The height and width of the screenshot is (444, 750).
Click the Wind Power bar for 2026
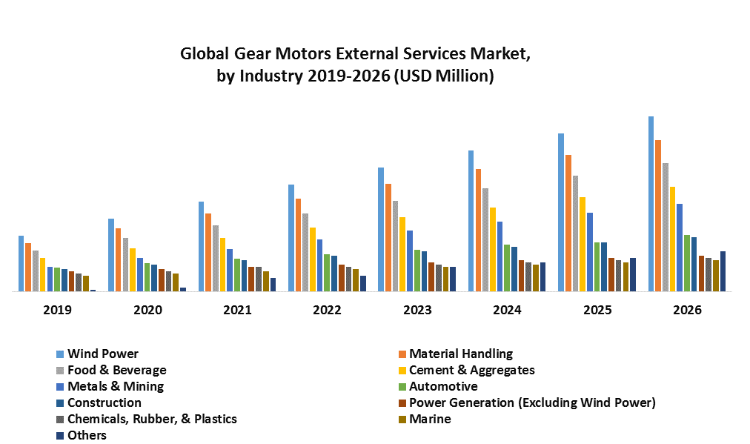(x=651, y=204)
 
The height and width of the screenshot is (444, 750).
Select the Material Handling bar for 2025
(x=568, y=223)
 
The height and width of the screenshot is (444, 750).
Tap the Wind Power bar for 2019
(x=21, y=264)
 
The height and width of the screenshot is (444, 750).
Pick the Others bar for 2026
(x=723, y=271)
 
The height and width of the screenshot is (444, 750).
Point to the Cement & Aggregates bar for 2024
(x=493, y=249)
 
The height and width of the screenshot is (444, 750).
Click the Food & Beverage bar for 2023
(x=396, y=246)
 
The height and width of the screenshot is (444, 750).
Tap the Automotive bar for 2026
(x=687, y=263)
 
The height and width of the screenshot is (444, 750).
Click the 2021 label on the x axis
(x=237, y=310)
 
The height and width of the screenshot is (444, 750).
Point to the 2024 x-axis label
(x=507, y=310)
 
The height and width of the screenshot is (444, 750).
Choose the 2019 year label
(x=57, y=310)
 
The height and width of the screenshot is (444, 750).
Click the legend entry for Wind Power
(x=102, y=354)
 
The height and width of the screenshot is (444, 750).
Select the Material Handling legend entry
(x=460, y=354)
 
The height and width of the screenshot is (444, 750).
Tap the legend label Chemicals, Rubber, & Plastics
(x=152, y=419)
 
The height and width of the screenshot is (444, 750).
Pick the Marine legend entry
(x=430, y=419)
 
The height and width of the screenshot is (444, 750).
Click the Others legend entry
(x=87, y=435)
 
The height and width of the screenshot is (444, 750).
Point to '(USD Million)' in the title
(x=445, y=76)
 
